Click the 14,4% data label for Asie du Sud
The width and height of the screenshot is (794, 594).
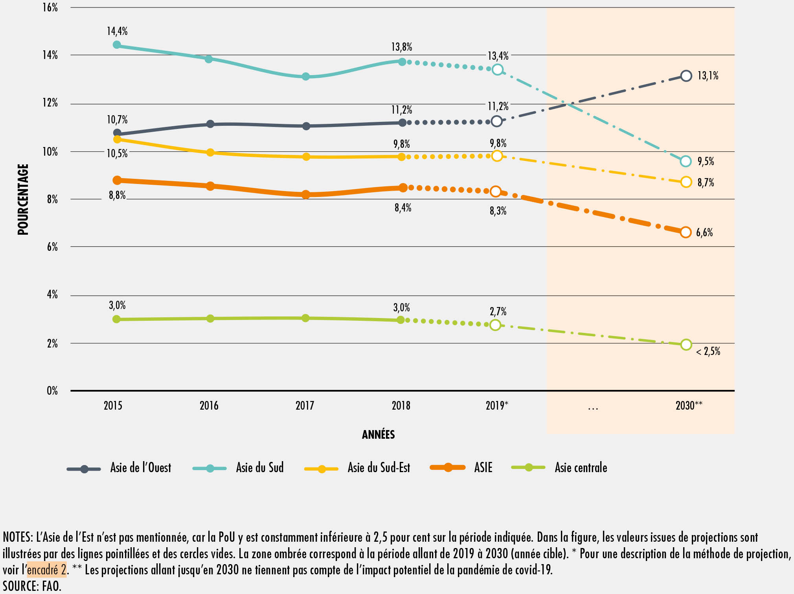[117, 31]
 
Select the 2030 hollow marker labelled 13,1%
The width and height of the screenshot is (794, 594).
[686, 76]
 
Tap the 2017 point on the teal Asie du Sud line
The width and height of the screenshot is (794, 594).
[306, 77]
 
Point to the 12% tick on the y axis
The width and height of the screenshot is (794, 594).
[50, 103]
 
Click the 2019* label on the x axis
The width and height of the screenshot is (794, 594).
[497, 406]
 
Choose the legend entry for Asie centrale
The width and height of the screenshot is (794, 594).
[581, 467]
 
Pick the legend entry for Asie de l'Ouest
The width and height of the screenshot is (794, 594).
[140, 467]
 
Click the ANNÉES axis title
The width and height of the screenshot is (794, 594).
[378, 434]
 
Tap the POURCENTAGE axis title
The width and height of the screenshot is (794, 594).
[23, 199]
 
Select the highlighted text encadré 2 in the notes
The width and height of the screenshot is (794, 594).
[47, 569]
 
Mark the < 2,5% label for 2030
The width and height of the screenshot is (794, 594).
[708, 351]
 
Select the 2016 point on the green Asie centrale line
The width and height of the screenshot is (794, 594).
[210, 318]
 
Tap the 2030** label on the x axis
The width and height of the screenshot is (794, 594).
[689, 406]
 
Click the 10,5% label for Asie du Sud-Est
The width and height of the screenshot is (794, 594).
[117, 153]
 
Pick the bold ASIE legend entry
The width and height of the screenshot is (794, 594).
[483, 467]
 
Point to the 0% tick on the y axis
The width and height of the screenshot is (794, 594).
[52, 391]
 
